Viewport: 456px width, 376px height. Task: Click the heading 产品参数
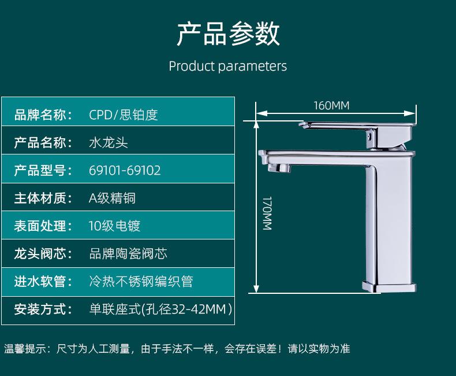[x=229, y=34]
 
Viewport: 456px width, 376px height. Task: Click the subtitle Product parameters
[x=227, y=66]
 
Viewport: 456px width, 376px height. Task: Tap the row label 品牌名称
[x=40, y=115]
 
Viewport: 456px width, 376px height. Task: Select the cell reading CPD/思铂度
[x=124, y=115]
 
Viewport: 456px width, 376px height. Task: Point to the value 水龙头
[x=108, y=143]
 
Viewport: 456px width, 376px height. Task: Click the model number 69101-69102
[x=125, y=171]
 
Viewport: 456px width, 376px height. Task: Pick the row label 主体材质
[x=40, y=198]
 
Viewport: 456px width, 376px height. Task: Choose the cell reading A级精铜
[x=112, y=198]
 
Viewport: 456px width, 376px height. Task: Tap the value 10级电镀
[x=114, y=226]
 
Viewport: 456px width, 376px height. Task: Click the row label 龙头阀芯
[x=40, y=253]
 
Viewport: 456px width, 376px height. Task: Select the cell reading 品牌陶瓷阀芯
[x=128, y=253]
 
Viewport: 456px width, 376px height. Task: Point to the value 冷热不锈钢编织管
[x=141, y=282]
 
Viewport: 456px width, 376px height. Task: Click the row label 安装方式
[x=40, y=309]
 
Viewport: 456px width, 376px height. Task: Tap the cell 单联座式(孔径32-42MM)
[x=160, y=309]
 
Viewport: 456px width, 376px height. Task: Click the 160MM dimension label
[x=331, y=105]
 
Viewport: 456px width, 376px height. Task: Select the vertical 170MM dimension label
[x=267, y=213]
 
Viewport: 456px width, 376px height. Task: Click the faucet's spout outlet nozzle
[x=279, y=168]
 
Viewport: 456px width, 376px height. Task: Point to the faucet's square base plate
[x=389, y=287]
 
